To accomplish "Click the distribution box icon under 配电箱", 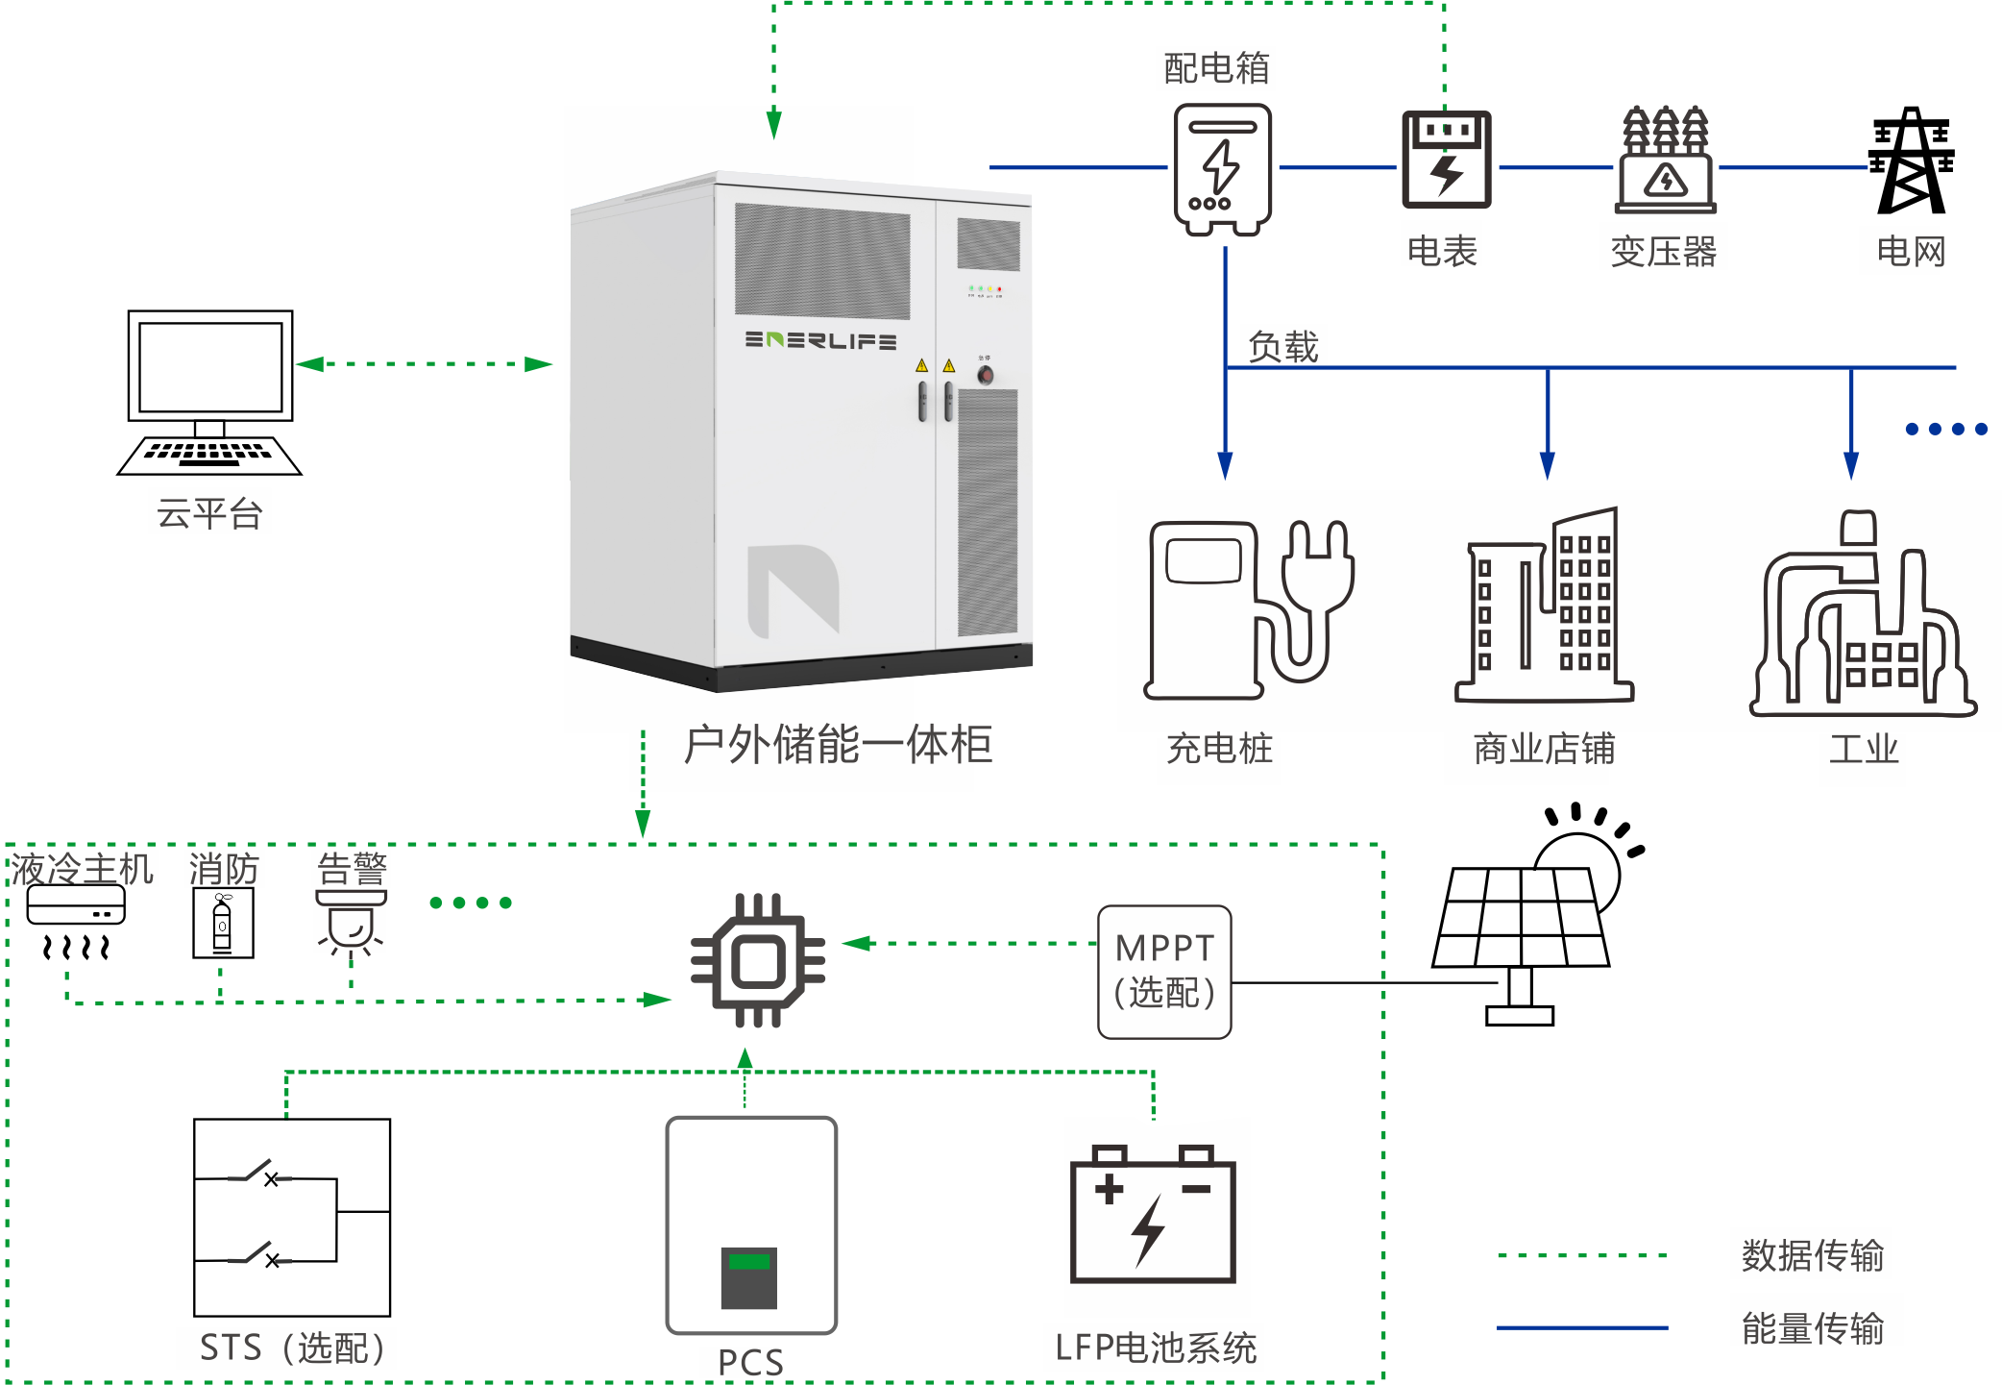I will pos(1222,169).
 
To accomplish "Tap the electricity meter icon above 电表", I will pos(1446,160).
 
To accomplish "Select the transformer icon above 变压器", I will pos(1666,161).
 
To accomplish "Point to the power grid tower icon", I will pos(1911,161).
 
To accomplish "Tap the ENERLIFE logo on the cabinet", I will pos(820,340).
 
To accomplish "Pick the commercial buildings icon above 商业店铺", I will pos(1544,607).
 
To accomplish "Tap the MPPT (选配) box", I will pos(1164,972).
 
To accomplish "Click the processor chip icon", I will pos(759,960).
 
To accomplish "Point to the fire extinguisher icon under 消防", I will pos(223,924).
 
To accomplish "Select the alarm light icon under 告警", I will pos(352,922).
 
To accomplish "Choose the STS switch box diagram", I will pos(292,1217).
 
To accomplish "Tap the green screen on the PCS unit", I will pos(749,1261).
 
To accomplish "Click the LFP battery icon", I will pos(1153,1215).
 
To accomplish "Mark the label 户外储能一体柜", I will pos(838,745).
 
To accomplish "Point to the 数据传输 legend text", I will pos(1812,1255).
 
